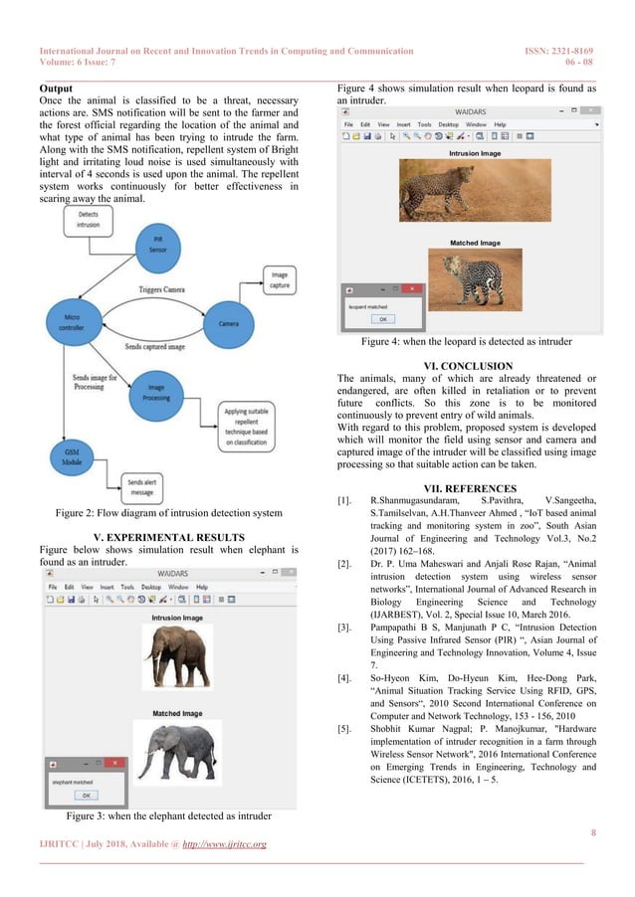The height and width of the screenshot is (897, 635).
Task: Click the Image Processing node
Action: [x=155, y=392]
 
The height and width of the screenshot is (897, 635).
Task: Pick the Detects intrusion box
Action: [x=88, y=220]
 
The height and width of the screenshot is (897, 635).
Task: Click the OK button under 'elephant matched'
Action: [x=85, y=795]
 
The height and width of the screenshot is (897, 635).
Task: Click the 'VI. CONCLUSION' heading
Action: [x=467, y=365]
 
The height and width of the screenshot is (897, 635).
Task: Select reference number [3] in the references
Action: [x=344, y=628]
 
